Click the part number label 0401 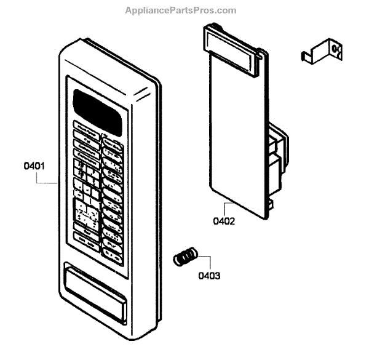(x=34, y=166)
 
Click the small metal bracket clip (x=321, y=52)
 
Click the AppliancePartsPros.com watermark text (x=180, y=10)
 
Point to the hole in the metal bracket (x=336, y=49)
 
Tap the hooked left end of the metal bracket (x=305, y=57)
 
